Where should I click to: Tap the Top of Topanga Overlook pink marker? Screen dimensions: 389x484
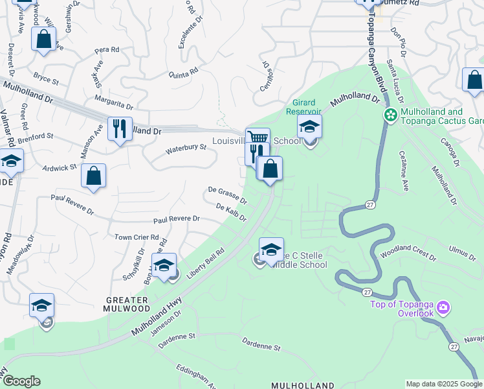click(443, 306)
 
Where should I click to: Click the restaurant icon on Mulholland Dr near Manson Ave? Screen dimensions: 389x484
click(120, 129)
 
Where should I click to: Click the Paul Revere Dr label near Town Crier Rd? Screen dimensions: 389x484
click(176, 219)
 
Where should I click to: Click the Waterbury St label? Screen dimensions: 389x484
click(186, 148)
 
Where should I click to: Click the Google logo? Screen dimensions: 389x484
click(21, 381)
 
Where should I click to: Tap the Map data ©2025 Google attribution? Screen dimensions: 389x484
click(443, 384)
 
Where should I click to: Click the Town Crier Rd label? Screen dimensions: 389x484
click(137, 238)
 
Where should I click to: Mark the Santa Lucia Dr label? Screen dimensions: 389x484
click(394, 81)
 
